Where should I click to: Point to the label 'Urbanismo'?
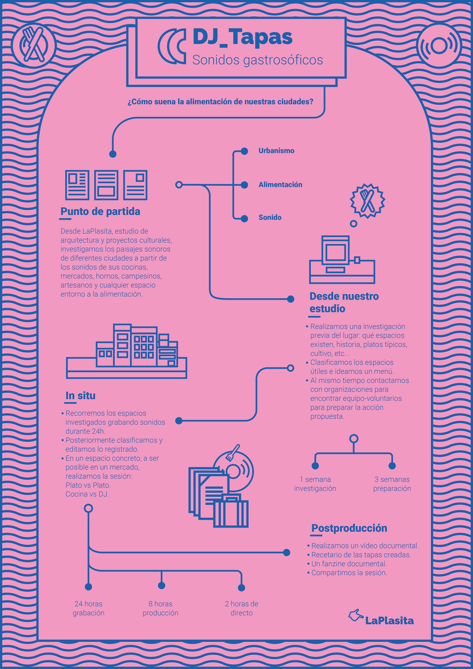276,151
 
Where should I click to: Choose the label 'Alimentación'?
280,184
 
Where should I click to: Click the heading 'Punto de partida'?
100,211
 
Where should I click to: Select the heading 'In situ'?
80,395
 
